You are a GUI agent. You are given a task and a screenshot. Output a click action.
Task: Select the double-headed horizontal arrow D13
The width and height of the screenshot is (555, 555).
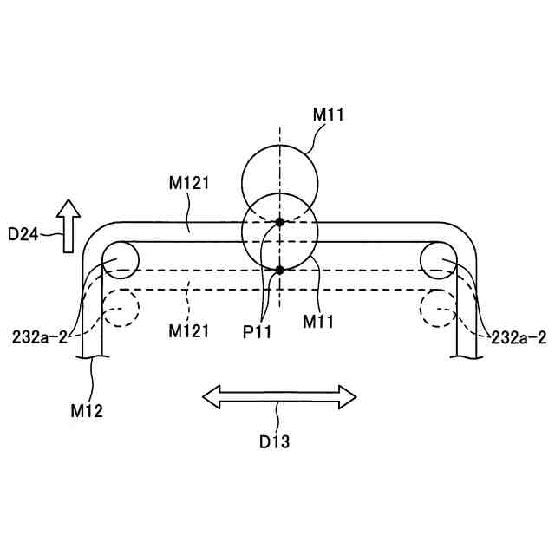pos(279,397)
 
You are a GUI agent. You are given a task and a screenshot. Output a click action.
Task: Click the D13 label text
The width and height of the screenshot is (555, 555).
pos(275,441)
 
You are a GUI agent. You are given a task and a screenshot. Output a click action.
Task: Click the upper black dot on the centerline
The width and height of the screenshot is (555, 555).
pos(279,223)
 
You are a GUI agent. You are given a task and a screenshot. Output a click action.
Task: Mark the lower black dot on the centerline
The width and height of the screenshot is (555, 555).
pos(279,271)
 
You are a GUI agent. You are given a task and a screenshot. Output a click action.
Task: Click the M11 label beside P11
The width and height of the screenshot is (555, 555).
pos(320,322)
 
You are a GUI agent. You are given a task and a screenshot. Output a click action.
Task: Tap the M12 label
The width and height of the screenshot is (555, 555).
pos(88,410)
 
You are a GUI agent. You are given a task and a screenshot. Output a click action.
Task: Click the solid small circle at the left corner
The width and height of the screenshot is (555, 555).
pos(120,259)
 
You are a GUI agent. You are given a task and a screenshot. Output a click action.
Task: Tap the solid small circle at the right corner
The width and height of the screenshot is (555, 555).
pos(439,259)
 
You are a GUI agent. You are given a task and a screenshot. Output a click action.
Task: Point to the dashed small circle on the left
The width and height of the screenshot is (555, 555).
pos(120,306)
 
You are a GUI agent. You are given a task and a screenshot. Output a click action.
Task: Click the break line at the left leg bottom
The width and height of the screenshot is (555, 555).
pos(92,356)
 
